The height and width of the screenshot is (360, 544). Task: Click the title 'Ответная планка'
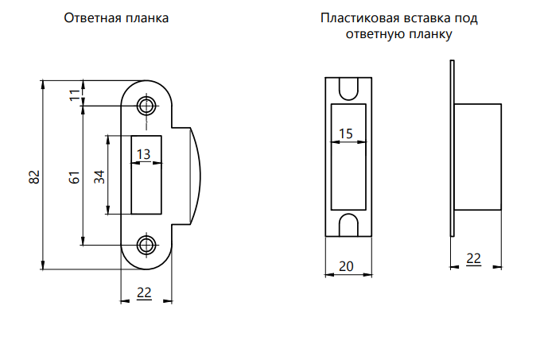click(x=116, y=17)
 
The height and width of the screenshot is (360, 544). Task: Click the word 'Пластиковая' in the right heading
click(x=359, y=17)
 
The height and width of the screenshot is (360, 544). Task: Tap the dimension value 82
click(x=34, y=177)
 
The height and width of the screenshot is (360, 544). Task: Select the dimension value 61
click(x=74, y=177)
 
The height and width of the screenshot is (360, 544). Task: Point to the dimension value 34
click(x=99, y=177)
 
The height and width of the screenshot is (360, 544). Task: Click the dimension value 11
click(x=74, y=95)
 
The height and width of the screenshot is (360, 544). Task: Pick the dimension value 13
click(x=143, y=154)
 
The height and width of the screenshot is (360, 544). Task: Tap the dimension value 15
click(x=345, y=134)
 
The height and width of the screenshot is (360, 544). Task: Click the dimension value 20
click(x=346, y=266)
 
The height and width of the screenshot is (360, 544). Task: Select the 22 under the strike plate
click(x=144, y=292)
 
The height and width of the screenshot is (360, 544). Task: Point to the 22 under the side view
click(x=473, y=258)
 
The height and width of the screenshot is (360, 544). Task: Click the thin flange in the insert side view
click(x=452, y=149)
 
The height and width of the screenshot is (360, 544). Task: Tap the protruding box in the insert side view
click(x=478, y=157)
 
